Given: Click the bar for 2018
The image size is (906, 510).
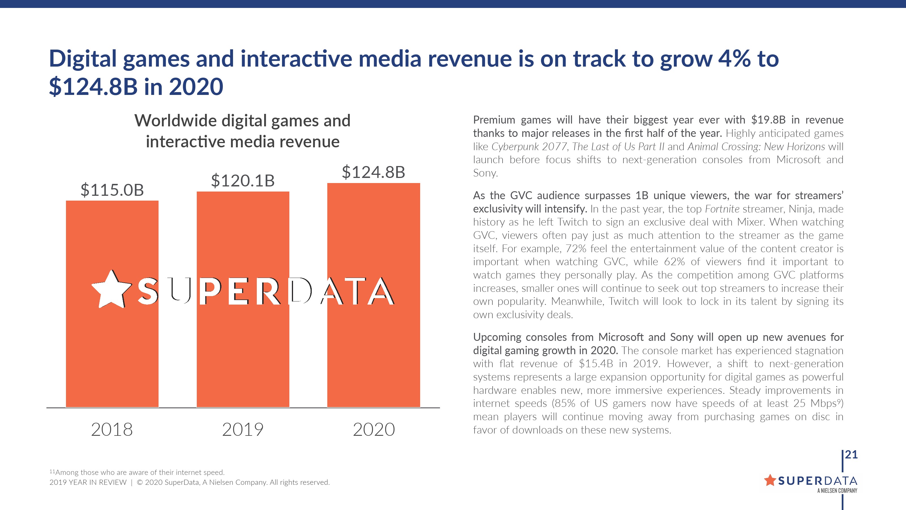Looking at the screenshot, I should pos(112,352).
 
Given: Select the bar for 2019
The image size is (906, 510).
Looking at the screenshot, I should pos(243,352).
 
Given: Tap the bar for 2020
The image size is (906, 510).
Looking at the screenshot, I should pos(373,352).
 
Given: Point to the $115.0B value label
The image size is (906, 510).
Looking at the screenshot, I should pos(112,190).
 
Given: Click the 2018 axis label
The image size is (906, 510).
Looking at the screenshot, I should pos(112,430).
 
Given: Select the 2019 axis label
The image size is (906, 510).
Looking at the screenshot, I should pos(243,430).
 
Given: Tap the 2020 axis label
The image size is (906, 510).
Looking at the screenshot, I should pos(373,430).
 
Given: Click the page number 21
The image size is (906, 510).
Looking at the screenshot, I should pos(851,455).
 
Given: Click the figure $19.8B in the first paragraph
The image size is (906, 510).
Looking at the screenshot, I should pos(768,120).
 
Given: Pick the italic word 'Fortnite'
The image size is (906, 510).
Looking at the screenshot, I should pos(722,209).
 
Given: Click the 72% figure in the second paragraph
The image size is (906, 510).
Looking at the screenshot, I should pos(576,249).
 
